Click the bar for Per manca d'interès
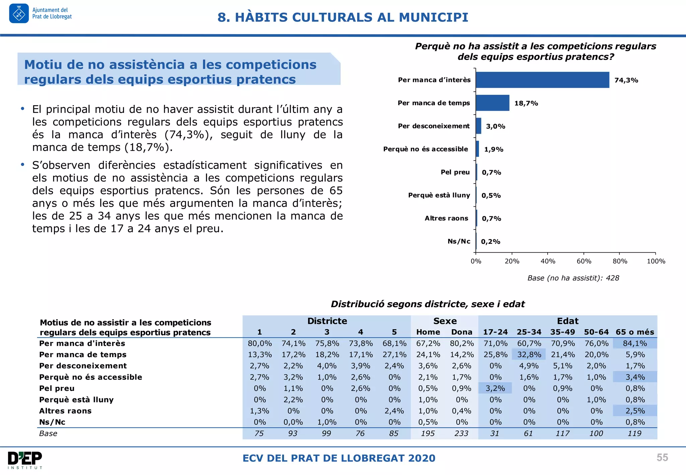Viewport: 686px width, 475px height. (542, 80)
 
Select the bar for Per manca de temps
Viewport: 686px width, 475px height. (492, 103)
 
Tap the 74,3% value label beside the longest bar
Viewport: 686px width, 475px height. (626, 80)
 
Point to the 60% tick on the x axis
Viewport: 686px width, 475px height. (584, 261)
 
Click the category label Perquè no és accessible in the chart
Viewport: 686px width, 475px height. (425, 149)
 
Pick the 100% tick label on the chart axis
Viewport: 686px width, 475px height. (656, 261)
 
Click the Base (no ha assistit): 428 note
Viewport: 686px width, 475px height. (573, 278)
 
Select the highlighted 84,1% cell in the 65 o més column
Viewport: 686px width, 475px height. (635, 343)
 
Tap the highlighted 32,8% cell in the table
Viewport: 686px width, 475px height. (529, 354)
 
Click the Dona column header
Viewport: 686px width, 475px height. (462, 332)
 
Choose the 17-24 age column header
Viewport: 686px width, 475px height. (495, 332)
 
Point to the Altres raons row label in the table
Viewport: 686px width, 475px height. (65, 411)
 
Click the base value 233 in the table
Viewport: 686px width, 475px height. (461, 433)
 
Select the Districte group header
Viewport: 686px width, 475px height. (327, 321)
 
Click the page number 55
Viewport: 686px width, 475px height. (662, 458)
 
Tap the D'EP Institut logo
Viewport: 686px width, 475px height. (25, 460)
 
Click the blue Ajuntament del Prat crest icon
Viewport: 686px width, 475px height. (19, 14)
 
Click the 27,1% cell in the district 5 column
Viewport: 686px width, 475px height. (394, 354)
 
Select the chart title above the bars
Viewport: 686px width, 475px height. (536, 51)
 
